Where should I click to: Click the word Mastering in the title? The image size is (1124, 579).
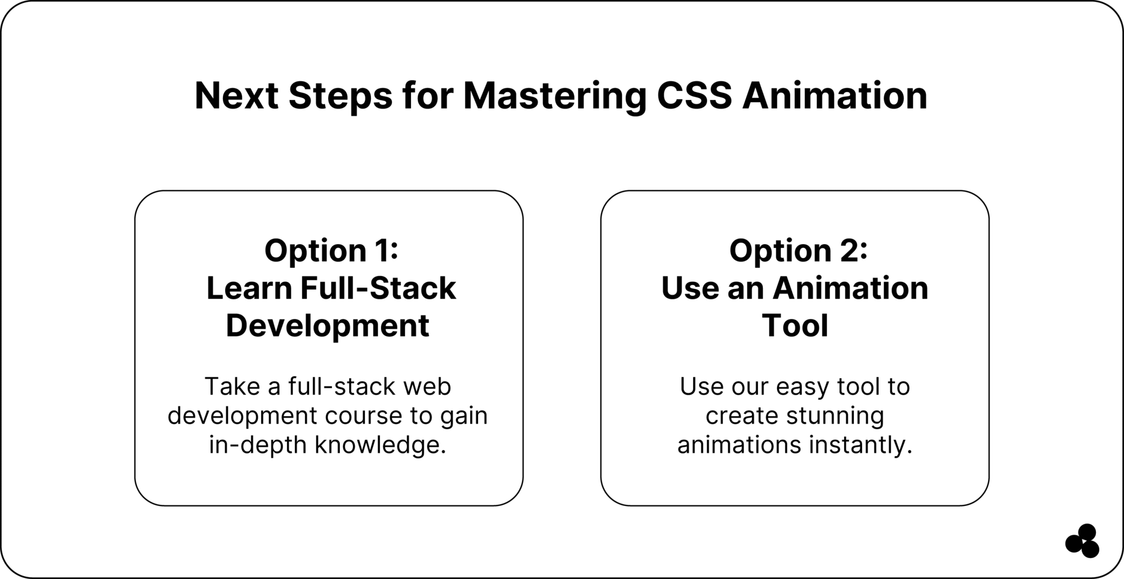(555, 97)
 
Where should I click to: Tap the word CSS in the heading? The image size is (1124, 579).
(694, 96)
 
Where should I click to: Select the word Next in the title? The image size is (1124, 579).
(237, 96)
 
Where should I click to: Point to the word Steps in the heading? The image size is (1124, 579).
(340, 96)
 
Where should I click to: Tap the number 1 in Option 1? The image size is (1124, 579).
(381, 250)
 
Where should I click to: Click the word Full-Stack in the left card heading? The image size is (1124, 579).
(378, 288)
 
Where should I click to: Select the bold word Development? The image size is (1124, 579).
(328, 325)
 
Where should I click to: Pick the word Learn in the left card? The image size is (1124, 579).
(249, 288)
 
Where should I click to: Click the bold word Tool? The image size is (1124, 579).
(795, 325)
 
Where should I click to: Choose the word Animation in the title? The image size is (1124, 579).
(834, 96)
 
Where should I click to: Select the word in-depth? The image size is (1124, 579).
(257, 445)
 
